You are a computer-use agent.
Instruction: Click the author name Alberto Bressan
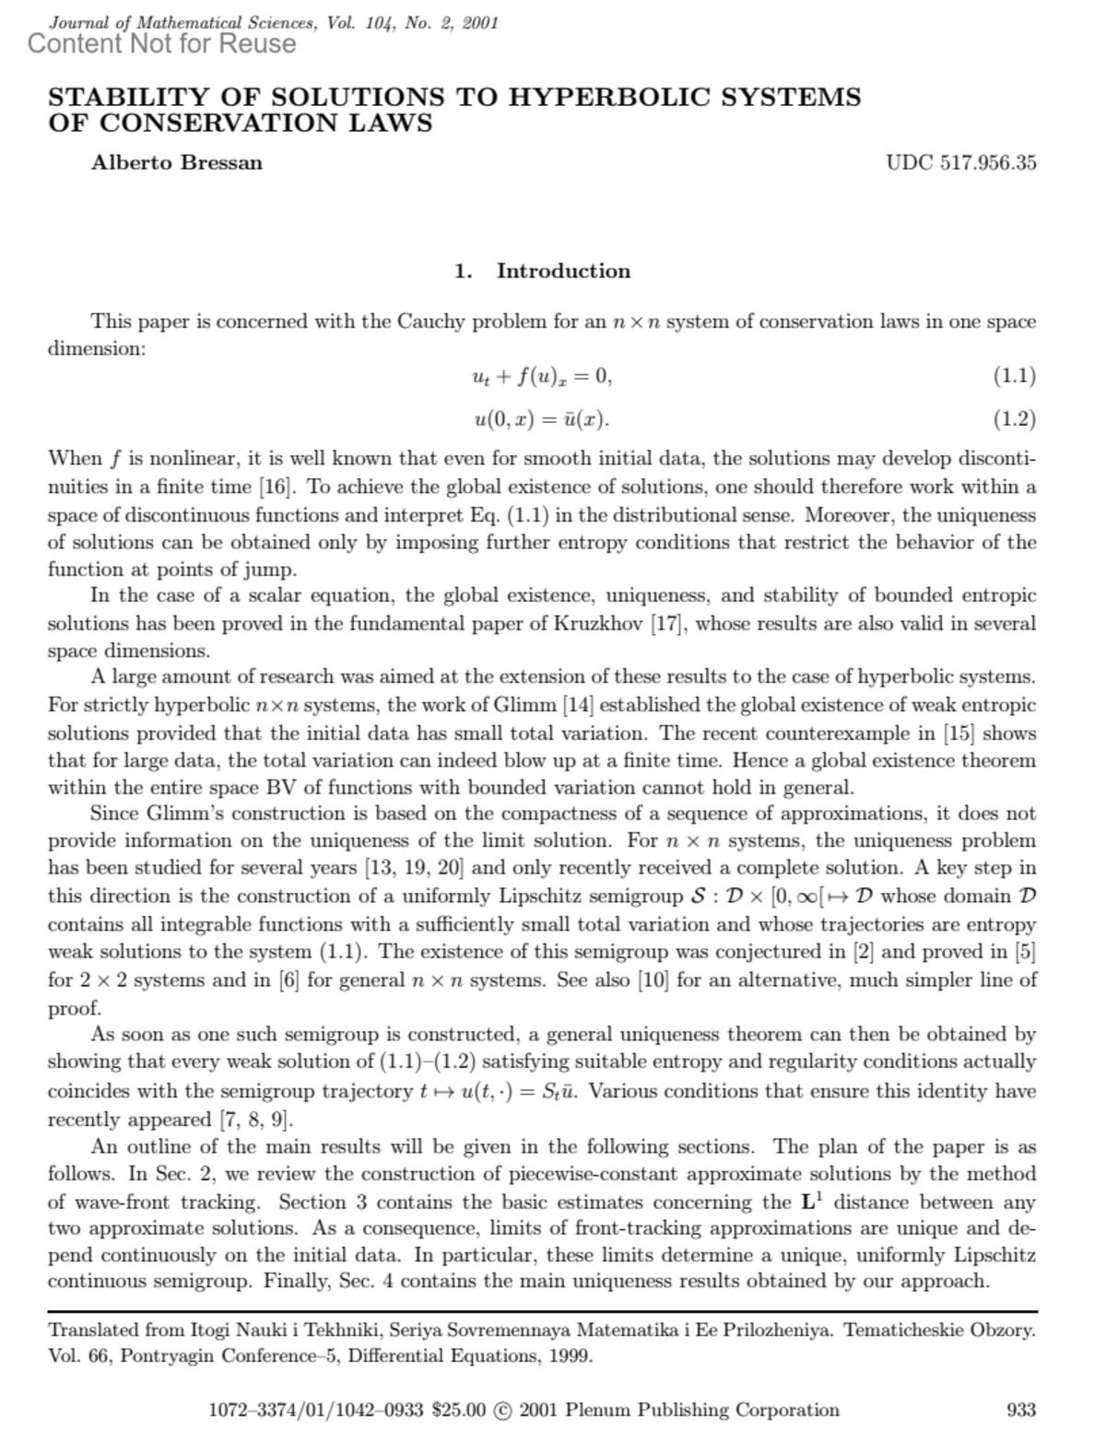(x=176, y=163)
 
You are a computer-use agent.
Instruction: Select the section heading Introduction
(x=563, y=271)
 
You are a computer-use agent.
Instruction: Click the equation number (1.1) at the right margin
(x=1014, y=376)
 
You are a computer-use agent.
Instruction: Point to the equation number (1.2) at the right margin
(x=1014, y=419)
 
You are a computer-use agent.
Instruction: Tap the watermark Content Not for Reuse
(x=162, y=43)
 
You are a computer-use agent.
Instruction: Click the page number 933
(x=1021, y=1410)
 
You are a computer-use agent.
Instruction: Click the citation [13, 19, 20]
(x=414, y=868)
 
